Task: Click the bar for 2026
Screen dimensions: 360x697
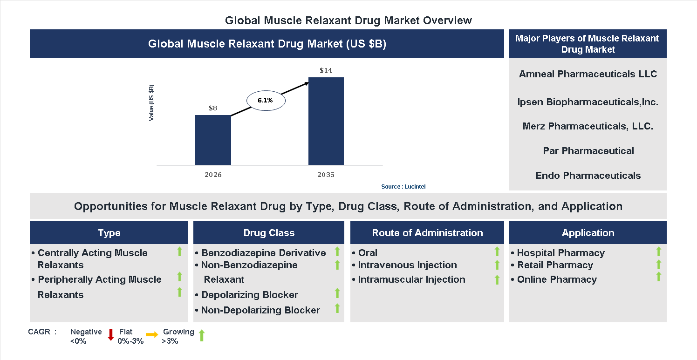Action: coord(213,140)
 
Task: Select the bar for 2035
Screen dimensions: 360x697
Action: coord(326,121)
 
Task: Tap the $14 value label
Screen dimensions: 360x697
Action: coord(326,71)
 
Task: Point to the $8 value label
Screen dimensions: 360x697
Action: coord(213,108)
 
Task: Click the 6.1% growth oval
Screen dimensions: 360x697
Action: coord(265,100)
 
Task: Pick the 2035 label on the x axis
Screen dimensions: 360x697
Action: coord(326,175)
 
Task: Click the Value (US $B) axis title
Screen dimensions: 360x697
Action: coord(151,103)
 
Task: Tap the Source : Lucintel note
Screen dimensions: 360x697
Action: coord(403,187)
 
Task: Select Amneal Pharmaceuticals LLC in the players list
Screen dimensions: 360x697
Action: coord(588,75)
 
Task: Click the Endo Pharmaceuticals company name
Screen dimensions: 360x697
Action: coord(588,176)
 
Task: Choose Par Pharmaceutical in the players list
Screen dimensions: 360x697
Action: coord(588,151)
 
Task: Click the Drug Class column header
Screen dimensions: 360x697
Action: coord(269,233)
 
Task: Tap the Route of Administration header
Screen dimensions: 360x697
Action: coord(427,233)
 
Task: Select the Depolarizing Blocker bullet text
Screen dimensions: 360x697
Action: coord(249,295)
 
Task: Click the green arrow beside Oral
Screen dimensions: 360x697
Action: coord(497,252)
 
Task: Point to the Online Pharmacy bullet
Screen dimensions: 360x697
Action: coord(556,279)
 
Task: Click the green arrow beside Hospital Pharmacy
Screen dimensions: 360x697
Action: coord(658,251)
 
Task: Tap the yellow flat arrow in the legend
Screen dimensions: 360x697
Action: coord(152,335)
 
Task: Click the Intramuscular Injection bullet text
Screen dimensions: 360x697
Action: coord(411,279)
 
